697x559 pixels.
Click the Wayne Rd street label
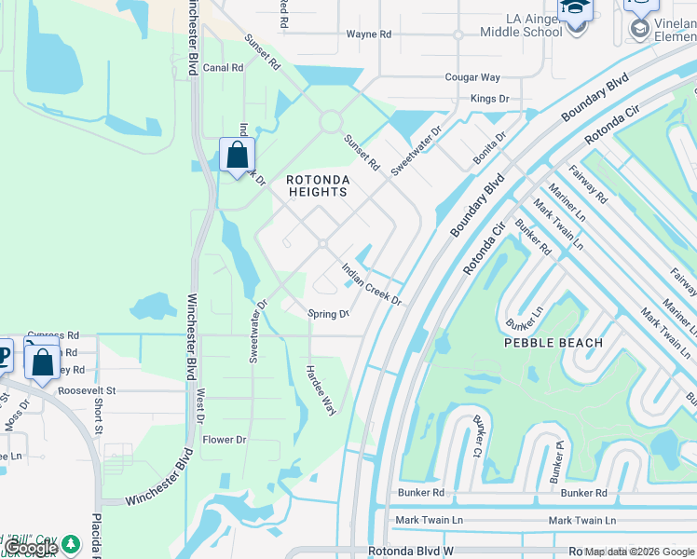(x=369, y=34)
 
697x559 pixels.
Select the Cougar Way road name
(x=472, y=77)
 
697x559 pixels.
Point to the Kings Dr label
(x=490, y=99)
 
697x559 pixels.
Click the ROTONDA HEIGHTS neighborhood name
(x=317, y=185)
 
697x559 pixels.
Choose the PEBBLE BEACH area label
(x=553, y=343)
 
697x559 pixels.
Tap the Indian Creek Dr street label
(x=371, y=284)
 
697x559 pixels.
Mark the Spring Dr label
(x=328, y=315)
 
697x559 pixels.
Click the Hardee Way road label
(x=321, y=390)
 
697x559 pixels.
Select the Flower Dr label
(x=225, y=440)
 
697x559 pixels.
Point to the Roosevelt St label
(x=86, y=391)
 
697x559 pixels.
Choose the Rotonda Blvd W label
(x=411, y=552)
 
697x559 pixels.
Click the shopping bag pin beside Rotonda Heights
(x=238, y=155)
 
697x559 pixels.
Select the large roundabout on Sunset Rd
(x=330, y=122)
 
